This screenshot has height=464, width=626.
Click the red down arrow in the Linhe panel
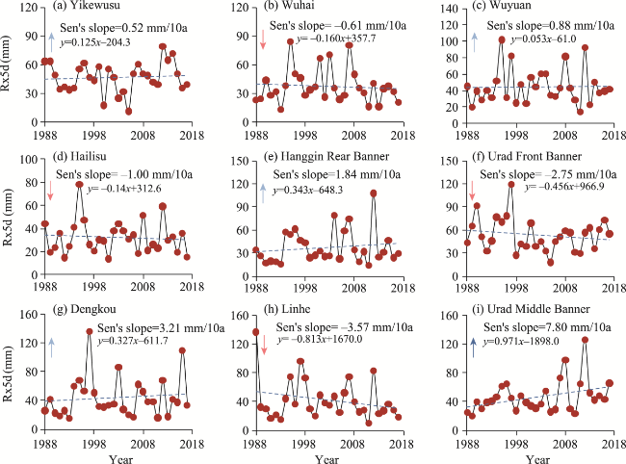click(x=262, y=344)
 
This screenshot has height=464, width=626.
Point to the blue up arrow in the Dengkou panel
click(x=53, y=346)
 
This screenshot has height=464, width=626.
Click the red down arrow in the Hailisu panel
click(x=51, y=191)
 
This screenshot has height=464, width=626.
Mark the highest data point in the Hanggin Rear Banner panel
click(x=373, y=193)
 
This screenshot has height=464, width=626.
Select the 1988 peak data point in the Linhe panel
click(x=256, y=332)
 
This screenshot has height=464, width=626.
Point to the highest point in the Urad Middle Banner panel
click(x=585, y=340)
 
